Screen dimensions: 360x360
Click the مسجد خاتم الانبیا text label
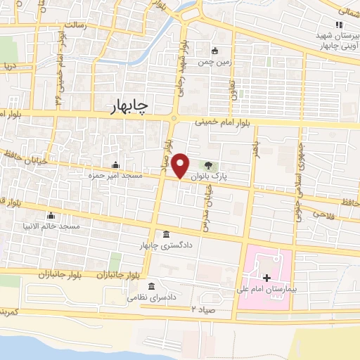[70, 226]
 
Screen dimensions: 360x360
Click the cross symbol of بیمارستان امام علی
[266, 278]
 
